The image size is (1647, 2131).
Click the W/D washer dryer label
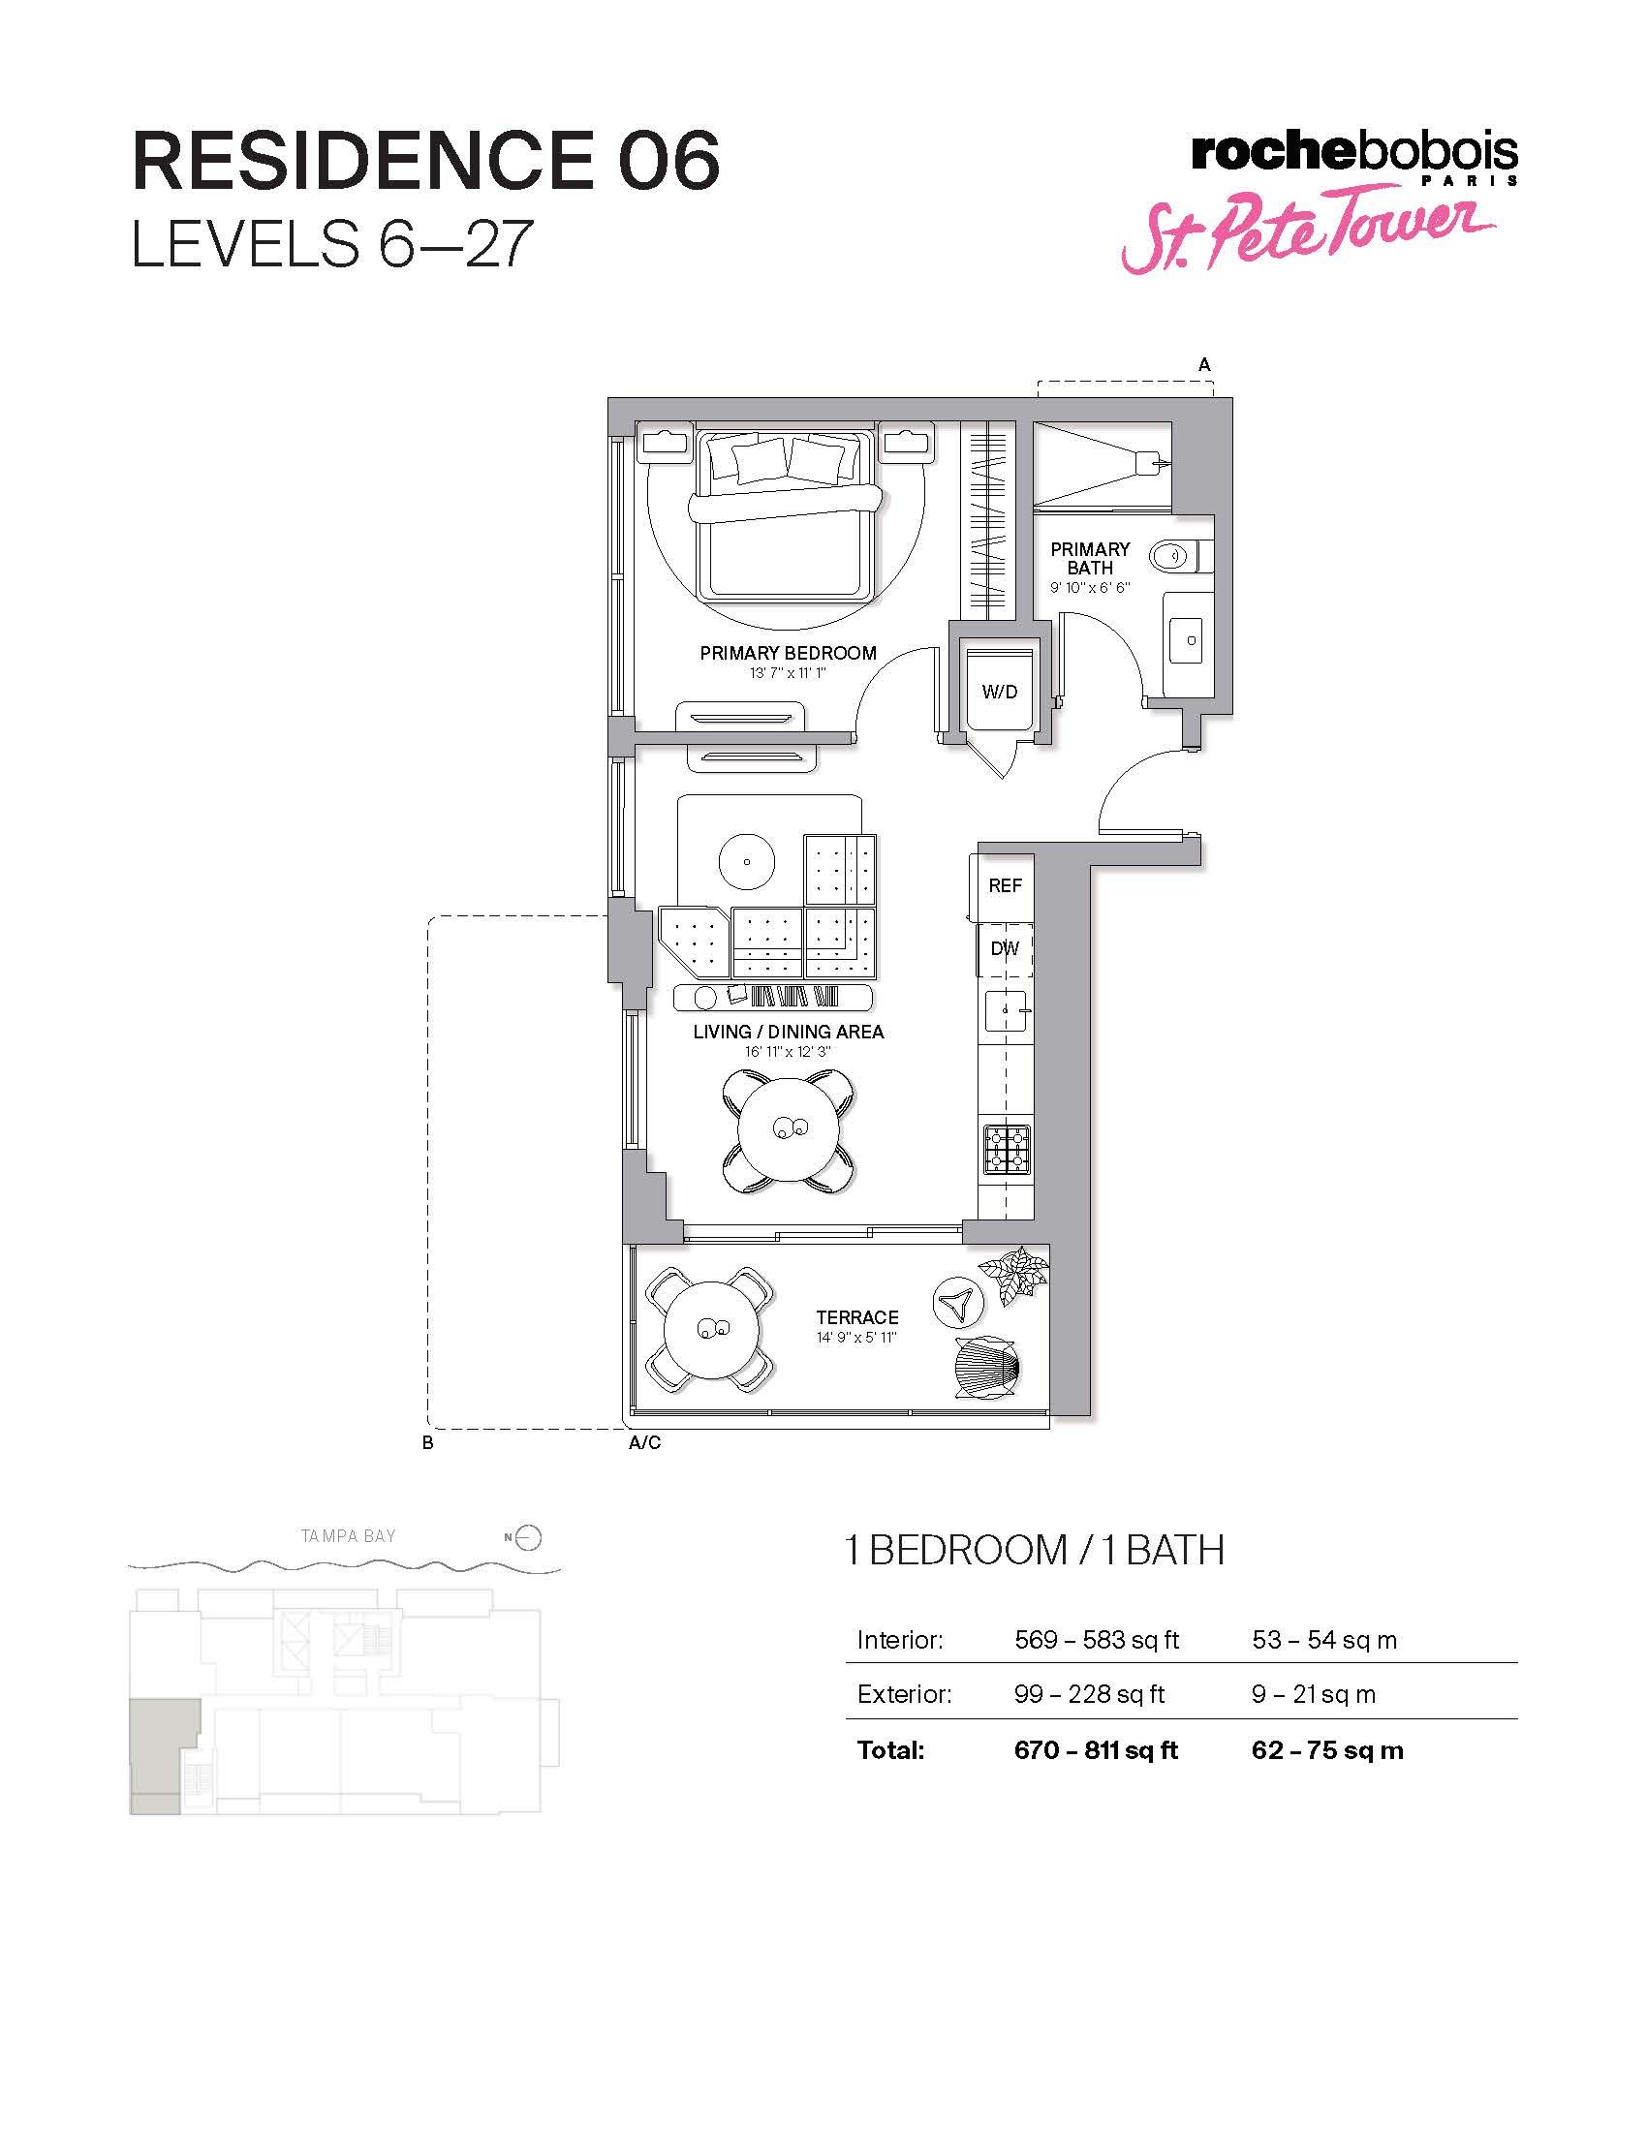coord(999,692)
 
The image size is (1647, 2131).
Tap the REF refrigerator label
coord(1005,885)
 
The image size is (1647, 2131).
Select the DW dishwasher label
coord(1005,948)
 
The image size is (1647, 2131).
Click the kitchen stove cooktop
coord(1007,1149)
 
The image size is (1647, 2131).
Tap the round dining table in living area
coord(789,1130)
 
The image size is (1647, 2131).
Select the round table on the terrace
coord(712,1329)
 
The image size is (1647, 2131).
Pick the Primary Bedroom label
coord(789,653)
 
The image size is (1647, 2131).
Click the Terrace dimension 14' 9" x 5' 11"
coord(856,1337)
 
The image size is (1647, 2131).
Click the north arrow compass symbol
coord(524,1538)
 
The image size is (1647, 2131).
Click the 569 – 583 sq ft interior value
coord(1097,1639)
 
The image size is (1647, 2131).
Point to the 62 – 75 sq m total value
coord(1327,1749)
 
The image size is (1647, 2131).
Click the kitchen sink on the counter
coord(1004,1011)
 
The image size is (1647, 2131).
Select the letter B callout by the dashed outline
coord(427,1443)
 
